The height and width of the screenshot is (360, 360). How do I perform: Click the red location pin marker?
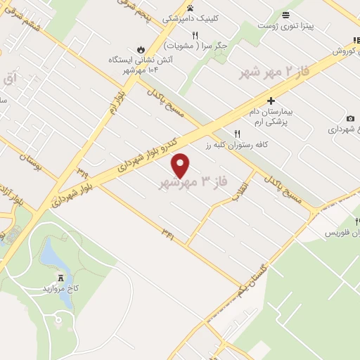[x=181, y=165]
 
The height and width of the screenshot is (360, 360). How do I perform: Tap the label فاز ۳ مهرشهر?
[x=194, y=183]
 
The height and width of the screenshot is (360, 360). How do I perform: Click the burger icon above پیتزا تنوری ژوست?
[x=285, y=15]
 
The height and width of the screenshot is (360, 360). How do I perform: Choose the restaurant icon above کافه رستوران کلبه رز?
[x=238, y=133]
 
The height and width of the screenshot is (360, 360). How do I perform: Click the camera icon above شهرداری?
[x=350, y=118]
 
